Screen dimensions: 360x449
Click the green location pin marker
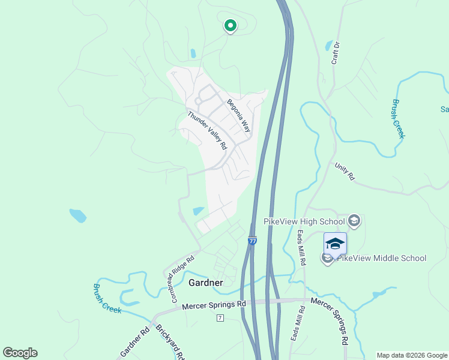(x=229, y=26)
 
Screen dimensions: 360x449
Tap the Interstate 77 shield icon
(x=252, y=239)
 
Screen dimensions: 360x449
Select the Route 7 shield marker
(x=220, y=317)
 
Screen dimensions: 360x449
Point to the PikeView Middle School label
(x=382, y=258)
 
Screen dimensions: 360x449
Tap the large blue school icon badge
(x=335, y=244)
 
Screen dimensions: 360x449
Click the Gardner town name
(x=206, y=282)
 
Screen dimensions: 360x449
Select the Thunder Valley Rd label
(x=206, y=130)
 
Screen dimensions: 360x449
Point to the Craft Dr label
(x=336, y=53)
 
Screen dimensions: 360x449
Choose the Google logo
(x=20, y=353)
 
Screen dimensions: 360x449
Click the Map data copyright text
(x=411, y=355)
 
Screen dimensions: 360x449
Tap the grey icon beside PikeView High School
(x=354, y=221)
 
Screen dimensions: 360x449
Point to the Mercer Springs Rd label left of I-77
(x=214, y=305)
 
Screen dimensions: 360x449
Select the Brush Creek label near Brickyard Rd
(x=107, y=298)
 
